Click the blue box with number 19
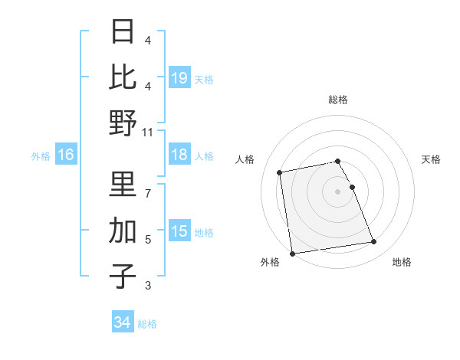coord(179,78)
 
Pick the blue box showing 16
coord(66,155)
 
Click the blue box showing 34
coord(122,323)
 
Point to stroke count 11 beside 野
coord(147,132)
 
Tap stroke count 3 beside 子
coord(147,286)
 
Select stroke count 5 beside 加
coord(147,240)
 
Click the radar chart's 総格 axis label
coord(338,100)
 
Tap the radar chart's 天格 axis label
coord(432,159)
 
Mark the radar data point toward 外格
coord(291,253)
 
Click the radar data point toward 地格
coord(373,242)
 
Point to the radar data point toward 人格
coord(281,172)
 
